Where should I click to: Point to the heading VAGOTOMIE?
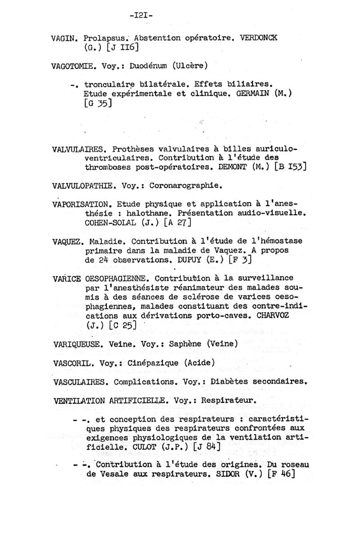[x=74, y=66]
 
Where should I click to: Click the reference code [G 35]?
[x=97, y=103]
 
